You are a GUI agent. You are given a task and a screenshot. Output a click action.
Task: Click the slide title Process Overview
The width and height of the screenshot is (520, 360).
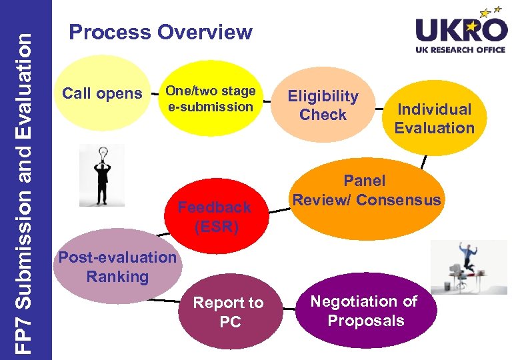tap(161, 32)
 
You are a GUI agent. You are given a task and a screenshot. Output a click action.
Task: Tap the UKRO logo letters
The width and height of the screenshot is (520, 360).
tap(460, 30)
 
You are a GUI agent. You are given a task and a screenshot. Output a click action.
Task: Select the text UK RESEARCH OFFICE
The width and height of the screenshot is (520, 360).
tap(461, 51)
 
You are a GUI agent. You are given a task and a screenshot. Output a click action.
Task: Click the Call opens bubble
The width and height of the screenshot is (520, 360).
tap(102, 93)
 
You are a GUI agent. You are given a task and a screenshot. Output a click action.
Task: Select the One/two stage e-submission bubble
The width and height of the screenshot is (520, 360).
tap(209, 99)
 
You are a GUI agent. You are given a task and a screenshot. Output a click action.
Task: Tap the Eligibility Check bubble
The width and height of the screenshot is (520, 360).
tap(323, 105)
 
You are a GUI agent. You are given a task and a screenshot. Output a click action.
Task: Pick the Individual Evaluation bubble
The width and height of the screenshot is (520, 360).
tap(434, 118)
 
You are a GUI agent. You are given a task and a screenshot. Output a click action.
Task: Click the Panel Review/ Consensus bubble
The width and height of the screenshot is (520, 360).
tap(367, 190)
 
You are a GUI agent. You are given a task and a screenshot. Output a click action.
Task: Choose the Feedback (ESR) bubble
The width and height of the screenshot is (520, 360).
tap(215, 216)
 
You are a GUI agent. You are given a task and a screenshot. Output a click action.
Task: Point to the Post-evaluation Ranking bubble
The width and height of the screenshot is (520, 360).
tap(117, 267)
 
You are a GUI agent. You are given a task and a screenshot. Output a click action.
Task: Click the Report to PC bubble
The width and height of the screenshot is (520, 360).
tap(229, 312)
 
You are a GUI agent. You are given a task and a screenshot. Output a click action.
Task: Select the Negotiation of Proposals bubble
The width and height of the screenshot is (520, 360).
tap(365, 311)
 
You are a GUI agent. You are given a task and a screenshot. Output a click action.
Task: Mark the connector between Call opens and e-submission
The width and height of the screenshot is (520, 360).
tap(156, 91)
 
